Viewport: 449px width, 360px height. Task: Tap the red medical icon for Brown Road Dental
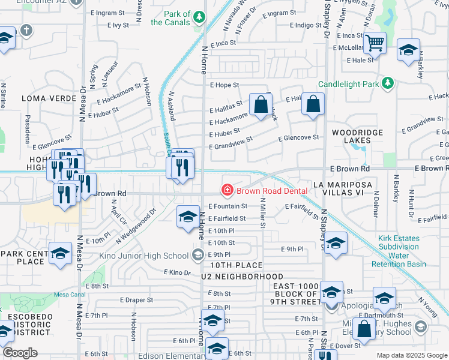pyautogui.click(x=228, y=191)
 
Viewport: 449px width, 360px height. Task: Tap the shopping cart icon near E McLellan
pyautogui.click(x=375, y=44)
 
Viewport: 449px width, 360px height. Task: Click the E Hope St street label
pyautogui.click(x=224, y=85)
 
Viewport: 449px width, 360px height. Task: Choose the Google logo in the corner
pyautogui.click(x=20, y=353)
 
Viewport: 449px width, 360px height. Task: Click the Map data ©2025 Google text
pyautogui.click(x=411, y=355)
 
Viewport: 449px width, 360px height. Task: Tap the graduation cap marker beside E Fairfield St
pyautogui.click(x=188, y=217)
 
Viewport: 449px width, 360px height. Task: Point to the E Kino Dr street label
pyautogui.click(x=177, y=272)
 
